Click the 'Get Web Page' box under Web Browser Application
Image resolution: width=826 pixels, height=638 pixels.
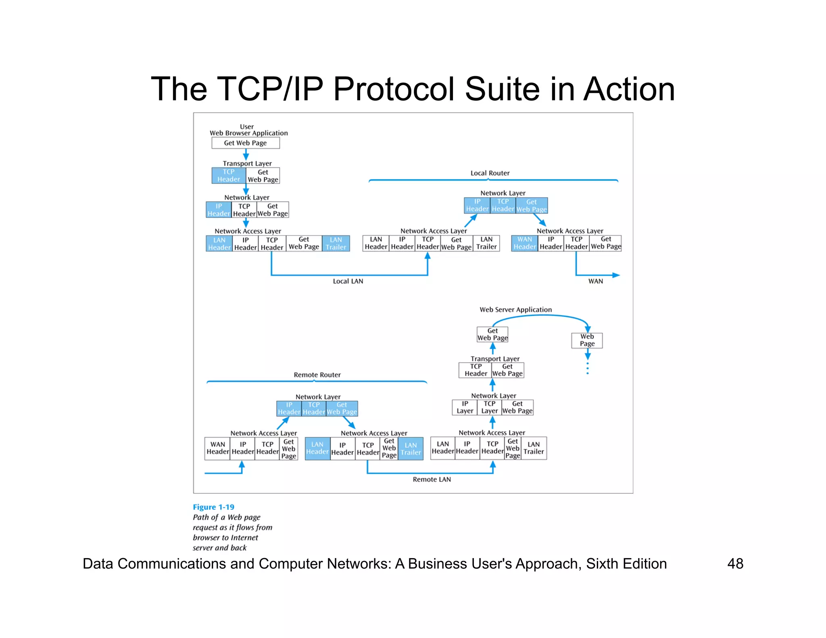pyautogui.click(x=245, y=143)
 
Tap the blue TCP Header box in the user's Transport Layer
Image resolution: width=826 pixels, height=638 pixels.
pyautogui.click(x=229, y=175)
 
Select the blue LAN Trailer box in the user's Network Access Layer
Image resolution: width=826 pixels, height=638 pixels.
pyautogui.click(x=336, y=244)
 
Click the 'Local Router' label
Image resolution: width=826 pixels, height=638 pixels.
pyautogui.click(x=490, y=173)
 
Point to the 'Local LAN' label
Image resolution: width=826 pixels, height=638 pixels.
pyautogui.click(x=348, y=281)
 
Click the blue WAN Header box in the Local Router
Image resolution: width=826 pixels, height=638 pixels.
pyautogui.click(x=524, y=243)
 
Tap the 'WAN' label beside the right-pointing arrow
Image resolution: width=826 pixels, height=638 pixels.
pyautogui.click(x=595, y=281)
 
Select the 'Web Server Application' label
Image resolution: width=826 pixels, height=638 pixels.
pyautogui.click(x=515, y=310)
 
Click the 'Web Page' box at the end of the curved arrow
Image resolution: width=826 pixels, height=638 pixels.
pyautogui.click(x=587, y=340)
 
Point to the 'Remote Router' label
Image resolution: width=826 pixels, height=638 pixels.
pyautogui.click(x=317, y=375)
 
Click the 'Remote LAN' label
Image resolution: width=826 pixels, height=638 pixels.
pyautogui.click(x=432, y=479)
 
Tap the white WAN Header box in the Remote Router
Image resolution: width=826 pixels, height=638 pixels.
pyautogui.click(x=217, y=448)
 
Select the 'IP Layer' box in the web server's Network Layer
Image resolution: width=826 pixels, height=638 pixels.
pyautogui.click(x=465, y=407)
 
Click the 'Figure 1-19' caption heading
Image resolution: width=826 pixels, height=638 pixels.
pyautogui.click(x=213, y=507)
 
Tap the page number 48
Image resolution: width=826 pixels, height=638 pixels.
pyautogui.click(x=735, y=563)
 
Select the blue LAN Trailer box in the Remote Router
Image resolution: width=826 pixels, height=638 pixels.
pyautogui.click(x=411, y=448)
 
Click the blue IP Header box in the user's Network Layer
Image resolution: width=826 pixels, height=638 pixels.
pyautogui.click(x=219, y=210)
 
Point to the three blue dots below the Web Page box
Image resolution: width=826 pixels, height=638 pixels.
pyautogui.click(x=588, y=368)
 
